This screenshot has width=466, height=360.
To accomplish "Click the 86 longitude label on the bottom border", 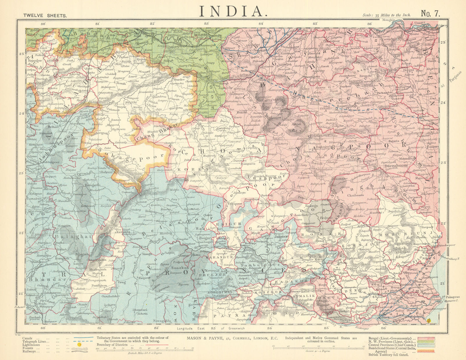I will pyautogui.click(x=383, y=328).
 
